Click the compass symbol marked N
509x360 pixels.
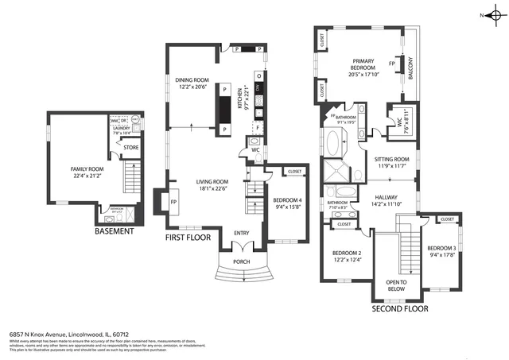495,15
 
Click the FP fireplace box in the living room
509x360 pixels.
173,201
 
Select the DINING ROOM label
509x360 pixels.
192,79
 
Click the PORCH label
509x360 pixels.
241,261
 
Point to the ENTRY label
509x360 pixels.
241,233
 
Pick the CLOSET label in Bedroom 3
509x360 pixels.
446,219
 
